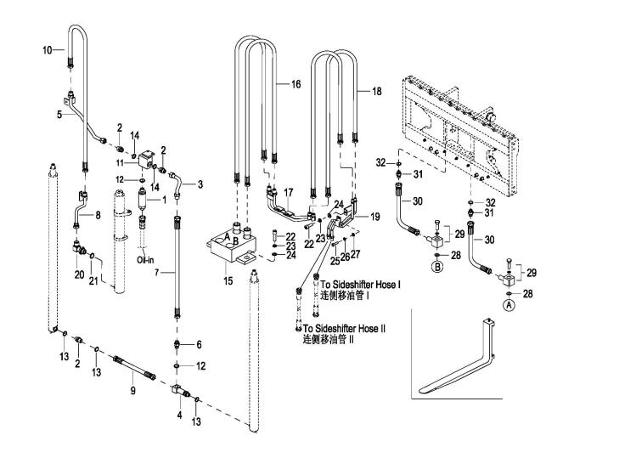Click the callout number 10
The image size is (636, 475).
pos(48,50)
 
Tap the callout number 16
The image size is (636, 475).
pos(295,84)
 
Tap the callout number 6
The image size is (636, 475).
pos(199,344)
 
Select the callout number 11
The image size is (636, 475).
pos(120,161)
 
